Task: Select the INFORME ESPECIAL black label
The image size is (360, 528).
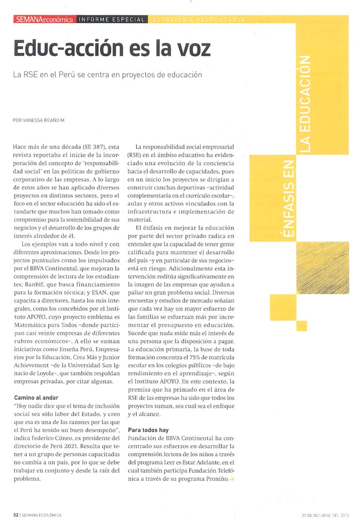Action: point(112,19)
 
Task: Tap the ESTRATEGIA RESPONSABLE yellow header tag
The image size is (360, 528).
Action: point(199,19)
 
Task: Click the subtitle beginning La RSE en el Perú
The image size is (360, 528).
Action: point(107,75)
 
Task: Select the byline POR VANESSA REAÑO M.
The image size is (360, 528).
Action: point(39,119)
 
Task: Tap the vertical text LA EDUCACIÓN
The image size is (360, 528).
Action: point(304,104)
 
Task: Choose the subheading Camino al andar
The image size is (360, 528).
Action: point(36,398)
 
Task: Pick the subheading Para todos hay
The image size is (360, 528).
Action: point(148,430)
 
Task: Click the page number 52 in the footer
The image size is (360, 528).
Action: point(16,515)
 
